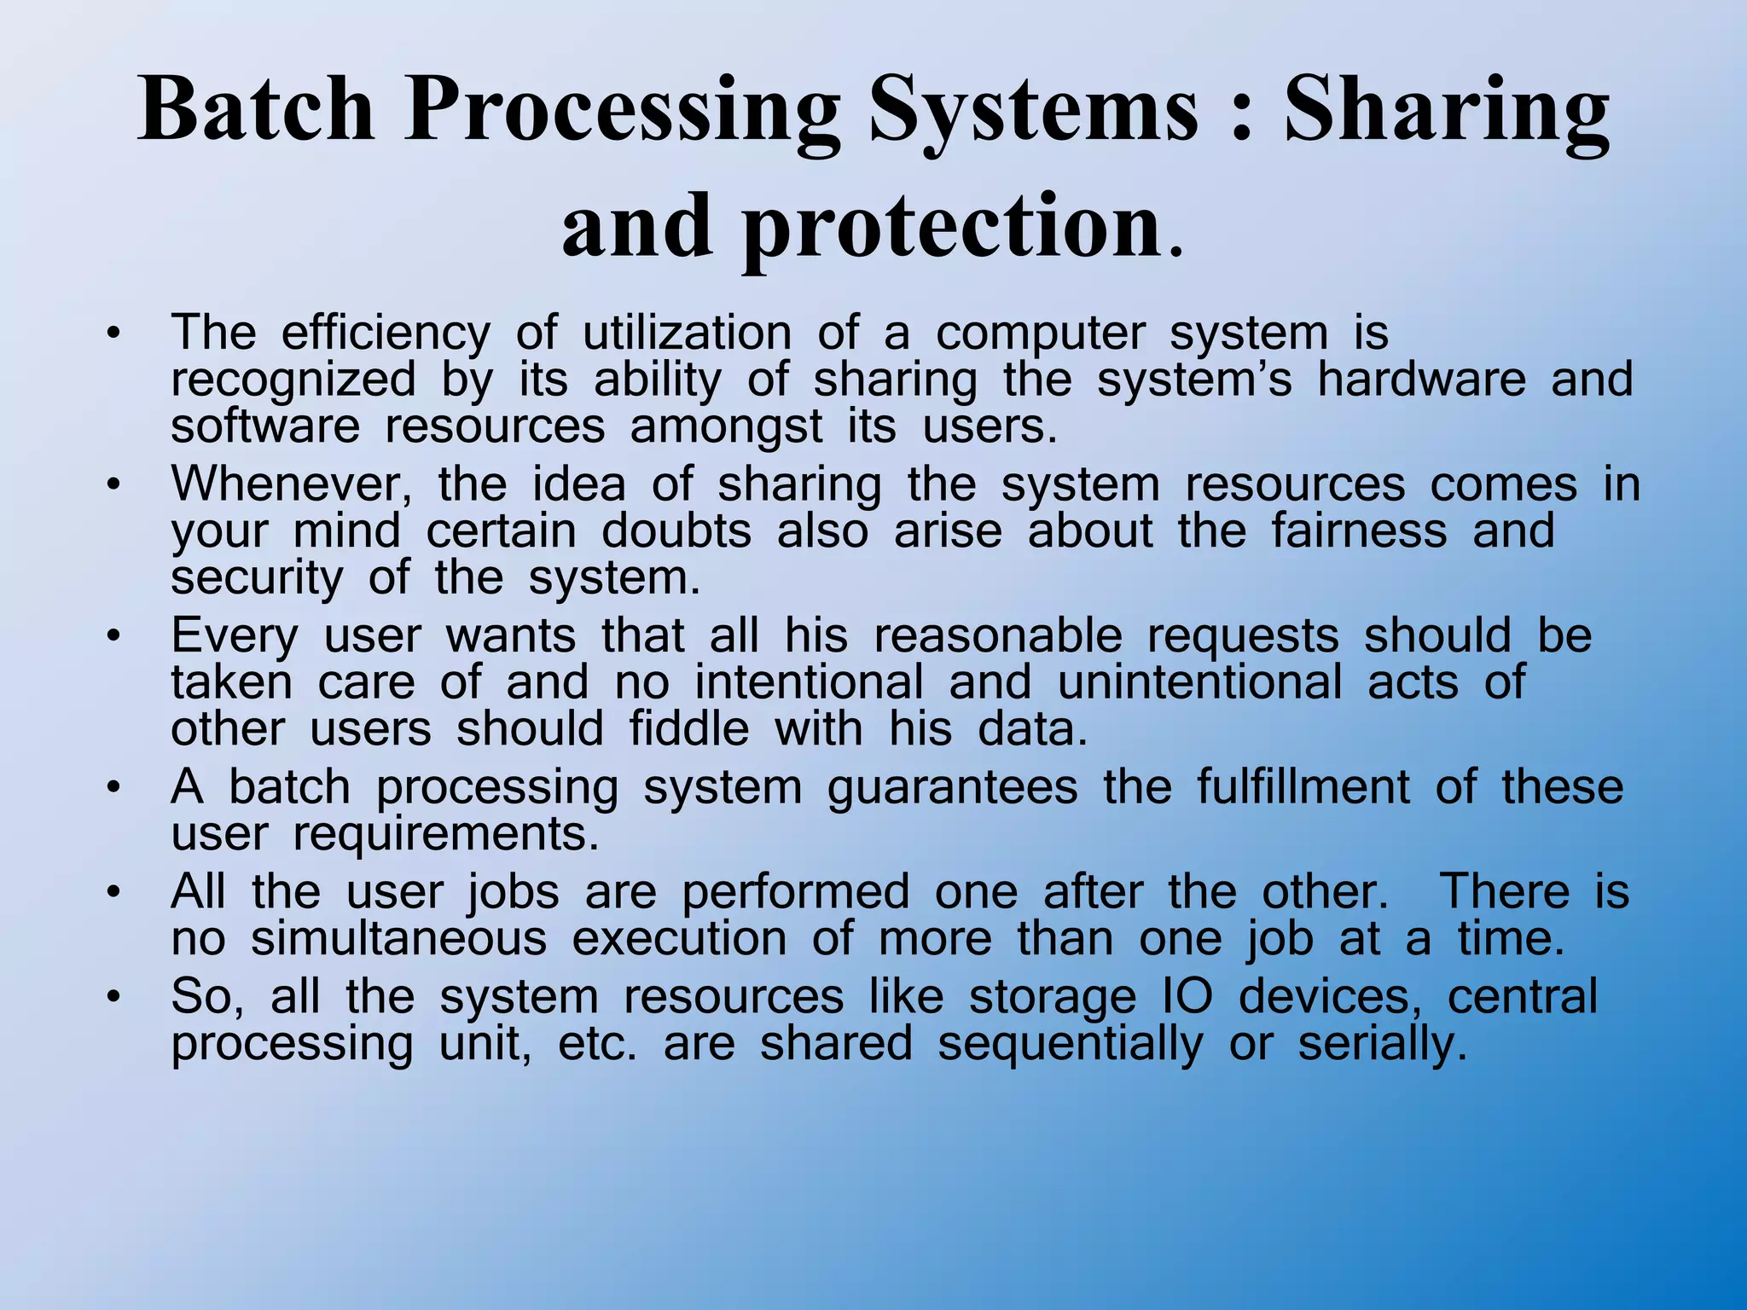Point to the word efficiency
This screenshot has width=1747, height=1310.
coord(386,333)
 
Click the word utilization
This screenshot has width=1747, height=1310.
coord(687,333)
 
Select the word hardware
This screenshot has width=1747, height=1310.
coord(1421,379)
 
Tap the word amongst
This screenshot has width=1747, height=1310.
coord(726,427)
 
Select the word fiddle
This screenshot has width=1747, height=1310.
coord(689,729)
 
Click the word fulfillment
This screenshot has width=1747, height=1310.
coord(1303,786)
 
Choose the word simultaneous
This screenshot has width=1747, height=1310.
coord(398,939)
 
